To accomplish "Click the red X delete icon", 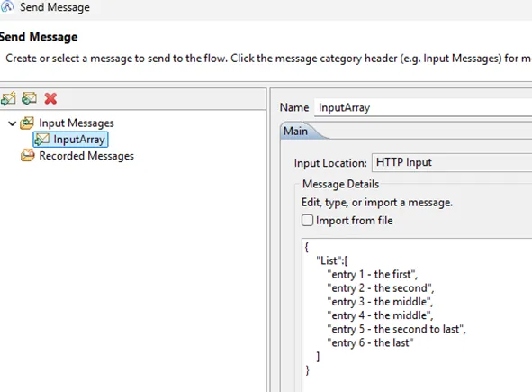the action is pos(50,98).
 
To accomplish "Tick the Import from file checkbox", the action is pos(307,220).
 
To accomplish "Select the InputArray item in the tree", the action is pos(70,140).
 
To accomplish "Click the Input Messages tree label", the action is pos(77,123).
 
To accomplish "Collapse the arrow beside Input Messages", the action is pos(13,123).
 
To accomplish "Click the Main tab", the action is pos(295,132).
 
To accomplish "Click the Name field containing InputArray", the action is pos(423,107).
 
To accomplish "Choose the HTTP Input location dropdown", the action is pos(452,162).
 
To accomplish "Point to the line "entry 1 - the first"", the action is pos(372,274).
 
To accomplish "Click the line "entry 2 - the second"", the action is pos(381,288).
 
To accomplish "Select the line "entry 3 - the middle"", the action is pos(380,302).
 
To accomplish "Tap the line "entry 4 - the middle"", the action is pos(380,315).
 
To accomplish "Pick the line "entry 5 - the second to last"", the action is pos(396,329).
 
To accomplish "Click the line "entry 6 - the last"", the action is pos(370,342).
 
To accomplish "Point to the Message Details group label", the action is pos(340,184).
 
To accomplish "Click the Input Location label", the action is pos(330,163).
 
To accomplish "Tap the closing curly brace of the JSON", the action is pos(307,369).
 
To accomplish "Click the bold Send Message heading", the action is pos(39,37).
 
